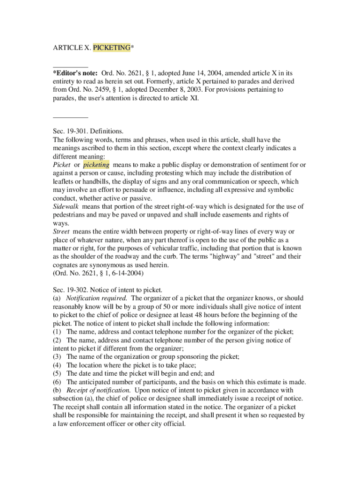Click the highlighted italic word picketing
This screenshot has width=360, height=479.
(96, 165)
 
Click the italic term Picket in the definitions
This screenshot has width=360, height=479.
(62, 165)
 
